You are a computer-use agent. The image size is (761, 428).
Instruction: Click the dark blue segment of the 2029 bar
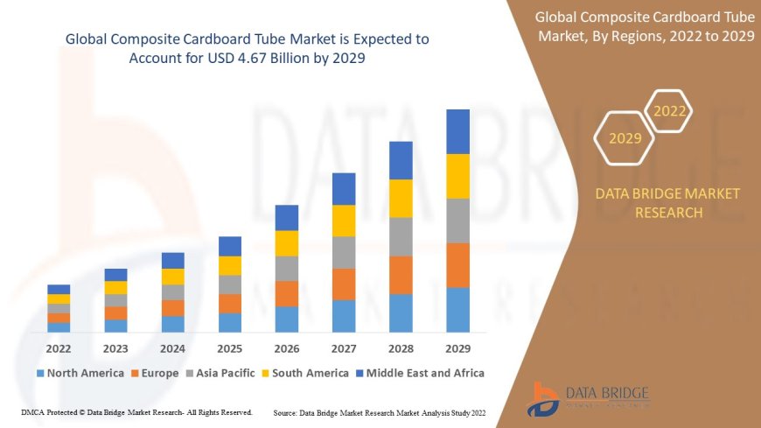click(457, 131)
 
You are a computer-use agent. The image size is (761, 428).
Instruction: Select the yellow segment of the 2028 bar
click(401, 198)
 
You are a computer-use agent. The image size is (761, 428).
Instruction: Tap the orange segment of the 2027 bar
click(344, 284)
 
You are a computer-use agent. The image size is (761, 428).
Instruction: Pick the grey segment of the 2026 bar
click(287, 268)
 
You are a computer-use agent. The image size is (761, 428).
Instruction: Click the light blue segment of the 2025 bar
click(230, 322)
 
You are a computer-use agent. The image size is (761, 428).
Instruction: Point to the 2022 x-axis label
click(59, 347)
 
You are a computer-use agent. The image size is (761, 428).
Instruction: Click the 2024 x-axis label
click(172, 347)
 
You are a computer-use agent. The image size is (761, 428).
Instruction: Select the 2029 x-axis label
click(457, 347)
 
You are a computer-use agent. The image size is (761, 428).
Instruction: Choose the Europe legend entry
click(155, 373)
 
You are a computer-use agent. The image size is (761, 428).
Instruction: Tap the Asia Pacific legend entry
click(219, 373)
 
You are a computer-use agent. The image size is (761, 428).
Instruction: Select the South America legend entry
click(304, 373)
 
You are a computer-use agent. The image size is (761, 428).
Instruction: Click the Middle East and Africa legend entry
click(417, 373)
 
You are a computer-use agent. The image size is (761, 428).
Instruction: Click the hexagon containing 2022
click(670, 111)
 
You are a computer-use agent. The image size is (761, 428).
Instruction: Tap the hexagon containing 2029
click(625, 138)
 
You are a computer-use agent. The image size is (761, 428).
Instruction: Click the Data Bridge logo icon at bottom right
click(545, 398)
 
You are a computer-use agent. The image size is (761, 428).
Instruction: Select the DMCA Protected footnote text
click(136, 411)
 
